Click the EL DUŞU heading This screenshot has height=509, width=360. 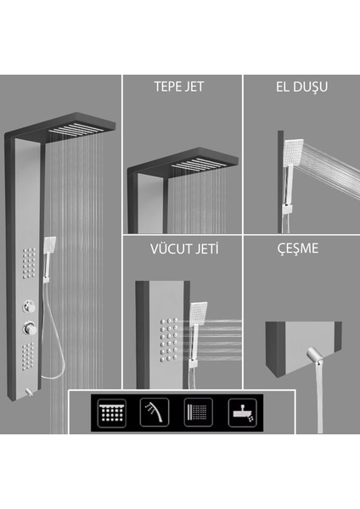coord(301,87)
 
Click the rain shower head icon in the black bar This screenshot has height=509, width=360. coord(112,411)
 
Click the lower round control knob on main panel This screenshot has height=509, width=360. coord(30,327)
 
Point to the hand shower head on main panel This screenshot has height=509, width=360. coord(50,245)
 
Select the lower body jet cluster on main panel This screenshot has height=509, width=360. coord(30,357)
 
